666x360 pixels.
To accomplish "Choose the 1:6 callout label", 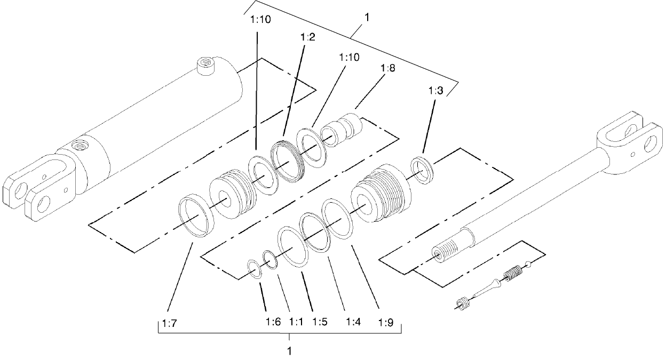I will [x=273, y=322].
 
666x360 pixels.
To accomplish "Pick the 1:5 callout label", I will [x=320, y=322].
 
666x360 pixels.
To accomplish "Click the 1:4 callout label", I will [x=353, y=322].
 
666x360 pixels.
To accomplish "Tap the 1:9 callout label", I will [x=386, y=322].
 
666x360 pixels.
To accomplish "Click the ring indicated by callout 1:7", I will [x=196, y=216].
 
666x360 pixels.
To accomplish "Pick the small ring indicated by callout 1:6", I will [x=255, y=269].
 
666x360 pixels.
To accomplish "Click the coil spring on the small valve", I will [x=513, y=275].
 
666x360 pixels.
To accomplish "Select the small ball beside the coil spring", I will [x=529, y=264].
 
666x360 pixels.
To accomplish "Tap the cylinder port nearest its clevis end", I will [x=79, y=145].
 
